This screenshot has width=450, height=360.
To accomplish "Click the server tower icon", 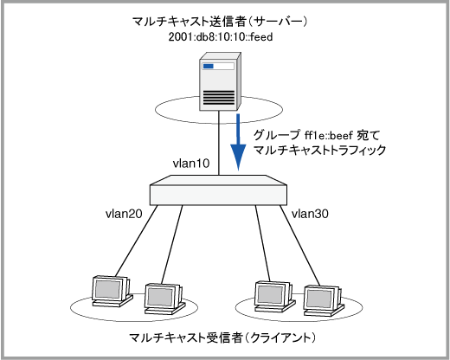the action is [x=220, y=81].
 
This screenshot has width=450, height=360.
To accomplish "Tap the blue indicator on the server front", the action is [x=209, y=66].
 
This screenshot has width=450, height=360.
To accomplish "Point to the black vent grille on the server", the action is [x=219, y=98].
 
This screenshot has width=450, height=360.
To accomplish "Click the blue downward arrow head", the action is [x=238, y=157].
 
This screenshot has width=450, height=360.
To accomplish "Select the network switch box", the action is [x=218, y=190].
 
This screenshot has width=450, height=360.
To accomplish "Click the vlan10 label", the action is [x=191, y=164].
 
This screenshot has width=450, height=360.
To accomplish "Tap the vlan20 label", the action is [x=124, y=214].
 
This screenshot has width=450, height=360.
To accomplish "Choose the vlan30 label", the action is [x=310, y=214].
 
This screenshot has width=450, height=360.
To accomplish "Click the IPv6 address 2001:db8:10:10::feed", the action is [x=221, y=37].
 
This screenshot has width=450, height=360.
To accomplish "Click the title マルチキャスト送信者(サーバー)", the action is [x=220, y=22].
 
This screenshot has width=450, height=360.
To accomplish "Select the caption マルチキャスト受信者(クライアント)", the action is [x=222, y=337].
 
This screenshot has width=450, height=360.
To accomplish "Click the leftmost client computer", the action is [x=112, y=292].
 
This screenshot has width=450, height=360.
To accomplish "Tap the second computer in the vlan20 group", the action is [x=164, y=299].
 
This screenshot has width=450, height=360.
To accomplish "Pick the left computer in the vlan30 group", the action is [x=275, y=297].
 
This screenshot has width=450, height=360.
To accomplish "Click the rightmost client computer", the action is [x=324, y=301].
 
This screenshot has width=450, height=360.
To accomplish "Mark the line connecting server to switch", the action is [x=219, y=143].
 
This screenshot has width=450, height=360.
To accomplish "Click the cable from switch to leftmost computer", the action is [x=136, y=241].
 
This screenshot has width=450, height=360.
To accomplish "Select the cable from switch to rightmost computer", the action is [x=299, y=245].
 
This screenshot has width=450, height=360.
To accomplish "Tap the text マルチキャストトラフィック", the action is [x=319, y=151].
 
